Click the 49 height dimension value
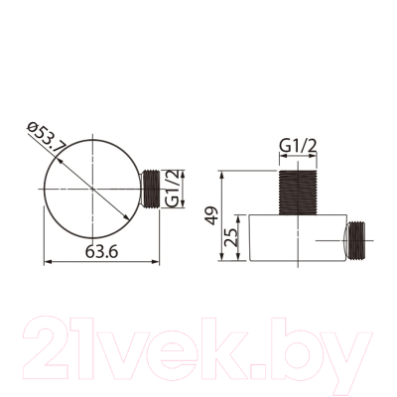click(x=210, y=215)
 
